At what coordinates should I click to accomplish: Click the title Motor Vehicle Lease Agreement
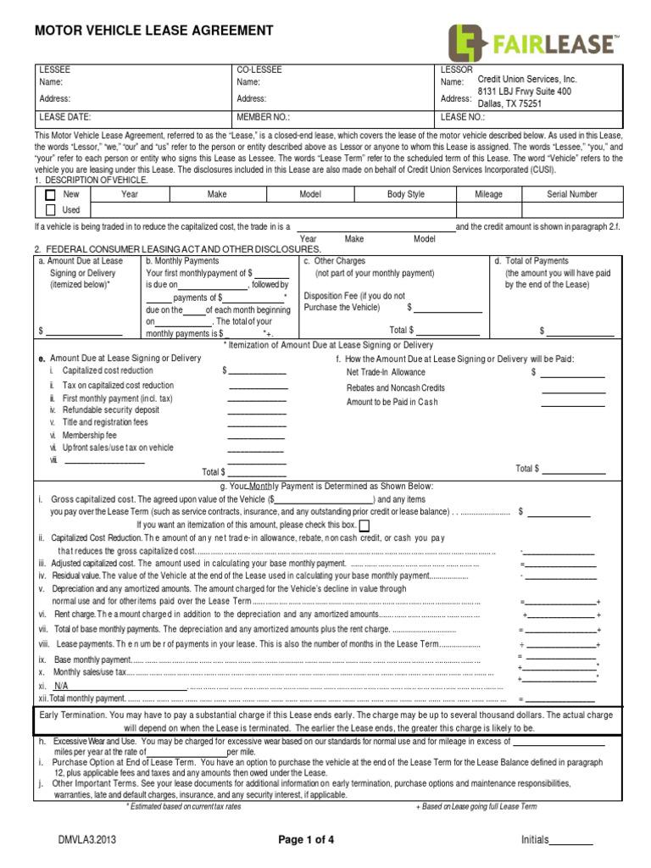click(153, 31)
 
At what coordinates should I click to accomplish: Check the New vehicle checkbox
click(50, 195)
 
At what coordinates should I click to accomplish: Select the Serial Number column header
click(571, 194)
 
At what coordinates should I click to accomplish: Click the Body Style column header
click(406, 194)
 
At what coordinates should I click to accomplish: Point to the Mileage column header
click(488, 194)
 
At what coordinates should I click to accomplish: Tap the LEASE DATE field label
click(65, 118)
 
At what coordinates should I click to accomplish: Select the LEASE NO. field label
click(463, 118)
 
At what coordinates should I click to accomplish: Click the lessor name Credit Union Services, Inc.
click(527, 79)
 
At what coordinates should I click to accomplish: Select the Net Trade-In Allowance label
click(386, 372)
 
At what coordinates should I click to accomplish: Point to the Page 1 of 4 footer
click(307, 840)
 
